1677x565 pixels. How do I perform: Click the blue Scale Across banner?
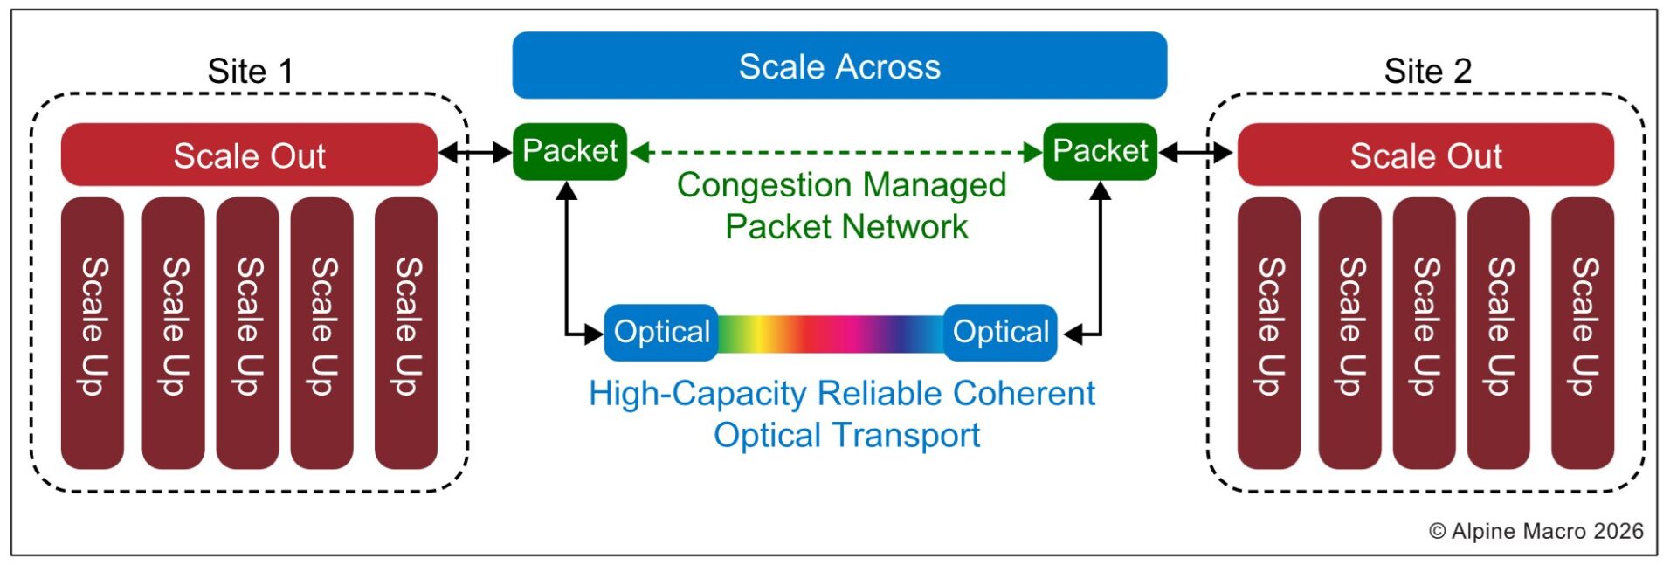click(x=838, y=65)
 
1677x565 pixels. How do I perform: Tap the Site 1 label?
click(x=250, y=71)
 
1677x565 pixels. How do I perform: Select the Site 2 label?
click(x=1427, y=71)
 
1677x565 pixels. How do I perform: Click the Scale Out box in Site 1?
click(x=249, y=155)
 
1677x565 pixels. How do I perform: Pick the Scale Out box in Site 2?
click(x=1425, y=155)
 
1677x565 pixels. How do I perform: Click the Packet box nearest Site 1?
click(x=569, y=151)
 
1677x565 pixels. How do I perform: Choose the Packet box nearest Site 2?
click(x=1100, y=151)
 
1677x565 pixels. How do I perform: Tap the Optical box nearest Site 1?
click(x=661, y=332)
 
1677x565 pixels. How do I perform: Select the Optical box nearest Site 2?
click(x=1000, y=332)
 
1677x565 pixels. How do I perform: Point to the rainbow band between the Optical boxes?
click(x=830, y=333)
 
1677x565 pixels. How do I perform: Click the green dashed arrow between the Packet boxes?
click(x=836, y=153)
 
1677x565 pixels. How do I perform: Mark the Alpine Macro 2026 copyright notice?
click(x=1536, y=531)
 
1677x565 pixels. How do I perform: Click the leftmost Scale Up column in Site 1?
click(x=93, y=332)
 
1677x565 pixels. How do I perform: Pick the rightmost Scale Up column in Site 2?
click(x=1582, y=332)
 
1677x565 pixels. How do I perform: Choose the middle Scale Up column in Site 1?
click(x=248, y=332)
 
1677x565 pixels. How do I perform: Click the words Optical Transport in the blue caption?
click(x=846, y=435)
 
